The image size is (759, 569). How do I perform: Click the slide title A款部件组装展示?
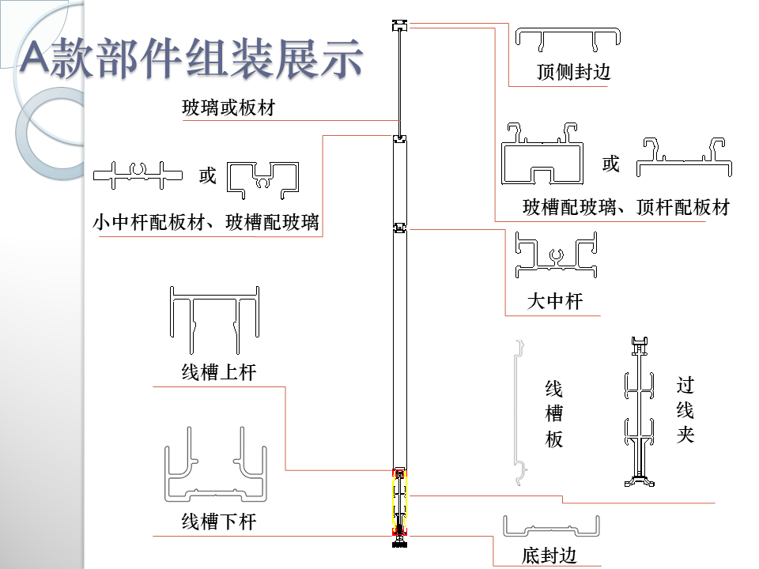[x=191, y=59]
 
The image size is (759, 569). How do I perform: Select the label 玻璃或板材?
[x=228, y=107]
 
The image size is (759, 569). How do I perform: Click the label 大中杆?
[x=554, y=301]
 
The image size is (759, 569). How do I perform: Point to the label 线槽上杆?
[x=218, y=371]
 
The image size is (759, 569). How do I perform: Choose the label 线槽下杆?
[x=218, y=522]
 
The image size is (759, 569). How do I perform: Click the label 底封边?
[x=549, y=556]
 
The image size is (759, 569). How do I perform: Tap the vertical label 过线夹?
[x=685, y=410]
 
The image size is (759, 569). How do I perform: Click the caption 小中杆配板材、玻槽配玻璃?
[x=206, y=222]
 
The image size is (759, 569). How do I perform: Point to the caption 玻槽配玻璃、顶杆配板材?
[x=625, y=208]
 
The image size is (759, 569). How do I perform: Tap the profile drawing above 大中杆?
[x=555, y=255]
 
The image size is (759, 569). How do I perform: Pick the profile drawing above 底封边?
[x=551, y=527]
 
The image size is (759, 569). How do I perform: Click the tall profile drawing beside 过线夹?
[x=638, y=412]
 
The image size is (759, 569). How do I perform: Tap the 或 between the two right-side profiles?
[x=610, y=164]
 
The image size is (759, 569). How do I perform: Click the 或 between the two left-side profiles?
[x=207, y=175]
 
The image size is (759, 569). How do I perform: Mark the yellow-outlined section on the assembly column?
[x=401, y=501]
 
